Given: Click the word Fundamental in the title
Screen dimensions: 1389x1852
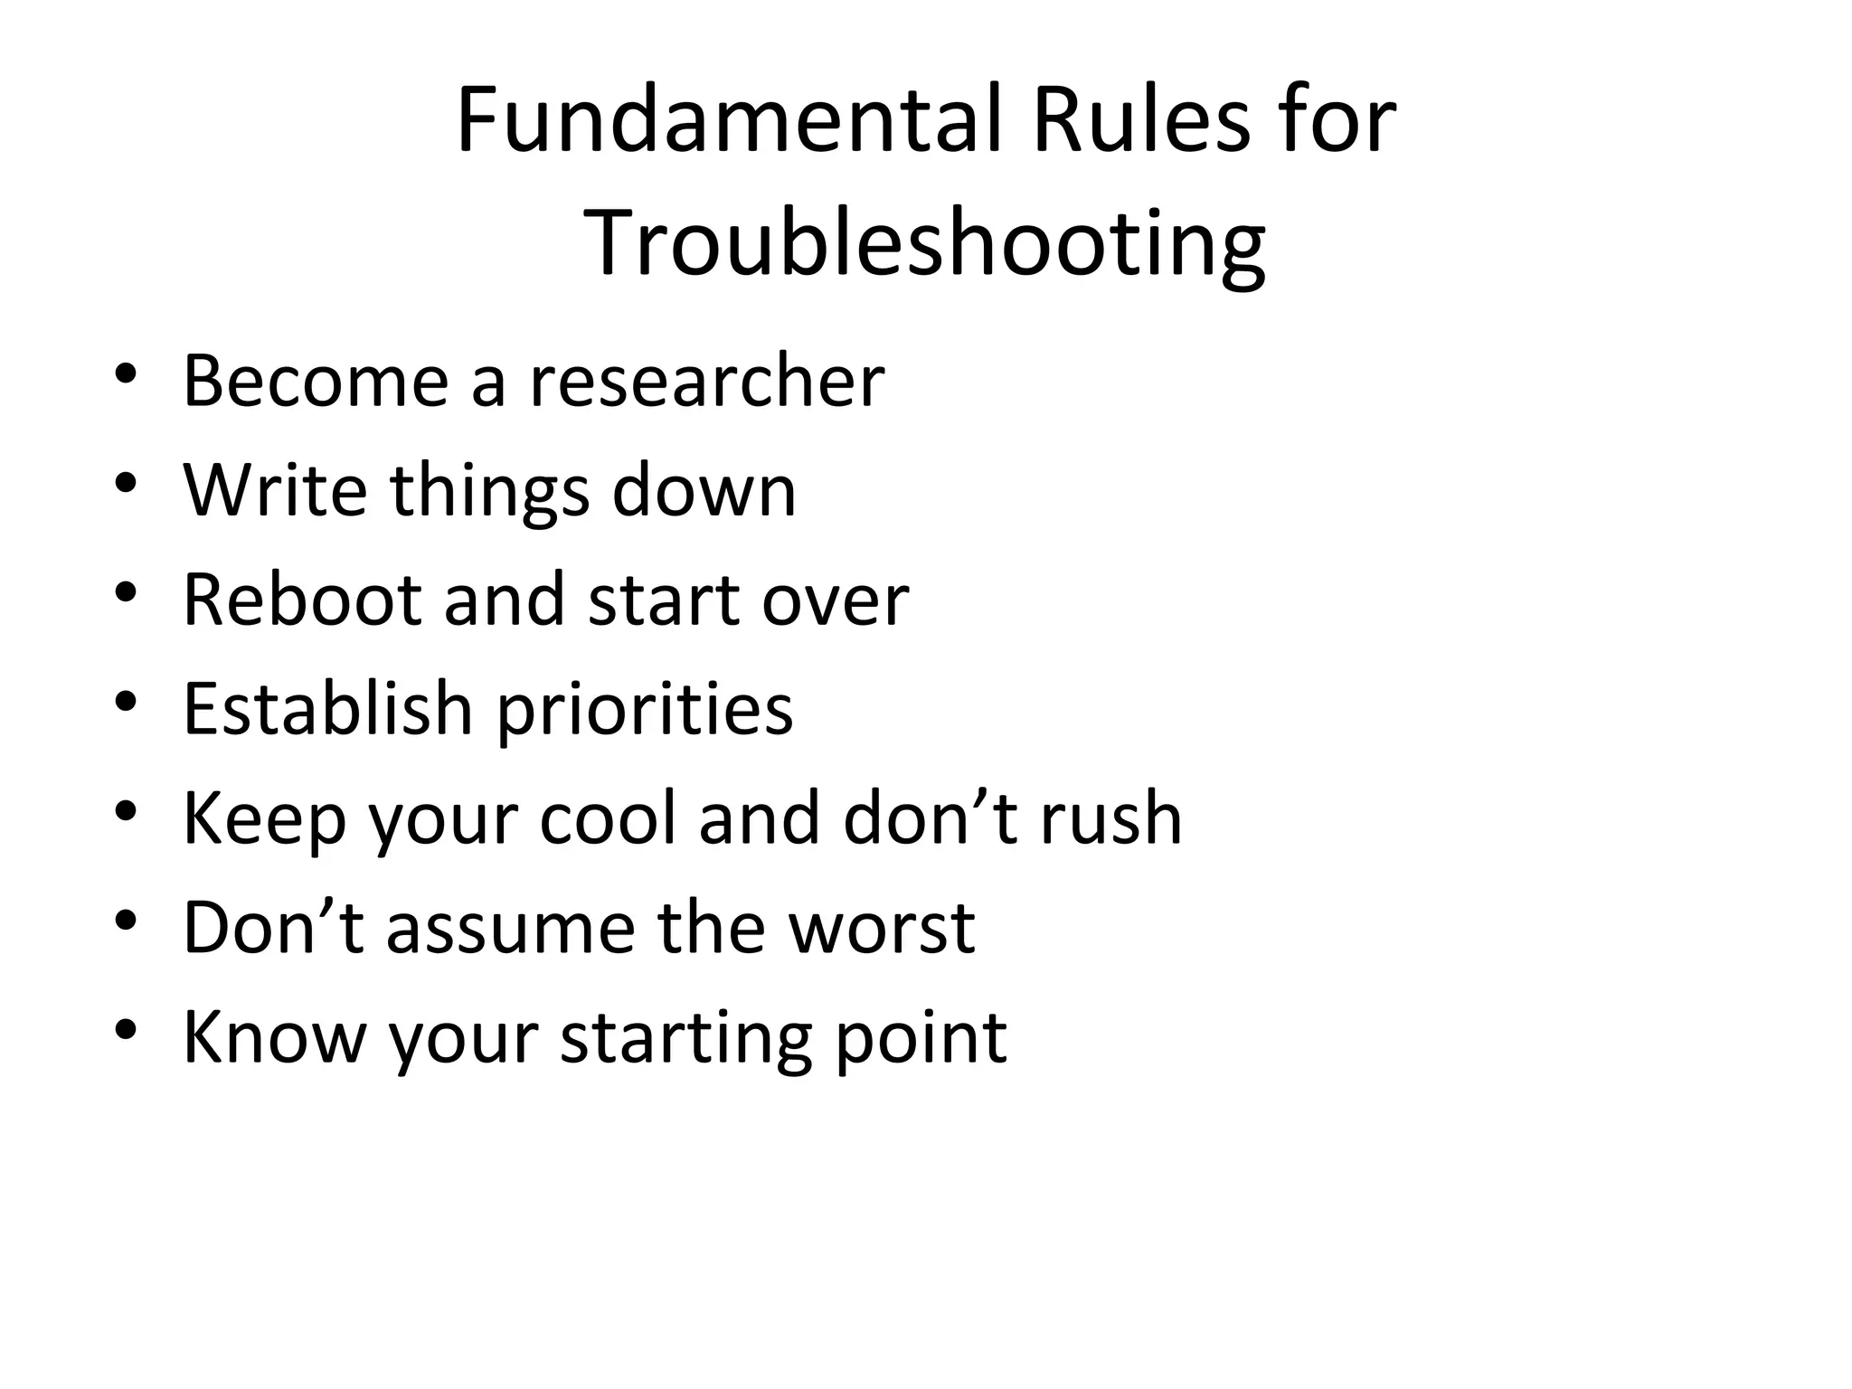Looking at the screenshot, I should (730, 120).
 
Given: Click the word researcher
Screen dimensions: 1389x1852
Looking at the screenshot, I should (706, 381).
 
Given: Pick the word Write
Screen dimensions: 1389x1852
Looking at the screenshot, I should (275, 490).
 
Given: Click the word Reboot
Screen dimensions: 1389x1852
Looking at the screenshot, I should (302, 600).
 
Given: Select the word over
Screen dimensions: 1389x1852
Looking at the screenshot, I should (835, 601).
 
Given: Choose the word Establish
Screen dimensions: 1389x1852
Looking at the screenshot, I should (328, 708).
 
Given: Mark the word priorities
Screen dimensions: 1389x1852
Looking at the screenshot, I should (645, 710).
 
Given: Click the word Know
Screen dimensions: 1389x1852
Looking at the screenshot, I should (274, 1036).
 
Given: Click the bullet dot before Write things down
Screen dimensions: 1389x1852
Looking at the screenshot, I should (126, 483).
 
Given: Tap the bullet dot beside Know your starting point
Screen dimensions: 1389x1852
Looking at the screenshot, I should (126, 1029).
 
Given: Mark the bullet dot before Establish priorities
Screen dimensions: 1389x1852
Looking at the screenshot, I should (126, 701).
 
